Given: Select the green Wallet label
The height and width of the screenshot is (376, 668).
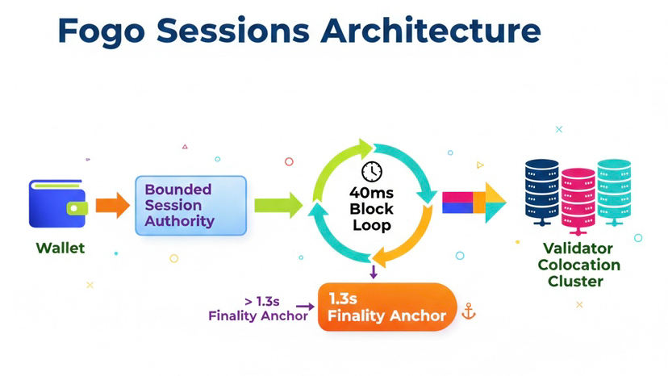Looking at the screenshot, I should point(61,248).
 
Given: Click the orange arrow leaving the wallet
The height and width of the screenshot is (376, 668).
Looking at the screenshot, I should point(112,206).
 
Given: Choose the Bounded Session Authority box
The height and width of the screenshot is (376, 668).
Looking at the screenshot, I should point(190,206).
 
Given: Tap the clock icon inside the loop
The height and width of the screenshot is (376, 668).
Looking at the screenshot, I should point(371,171).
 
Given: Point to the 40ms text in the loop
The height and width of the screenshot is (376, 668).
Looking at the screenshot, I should point(371,193).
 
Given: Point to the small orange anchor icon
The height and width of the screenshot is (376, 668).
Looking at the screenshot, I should point(467,311).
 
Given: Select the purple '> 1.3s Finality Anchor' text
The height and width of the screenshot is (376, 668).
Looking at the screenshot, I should point(257,308).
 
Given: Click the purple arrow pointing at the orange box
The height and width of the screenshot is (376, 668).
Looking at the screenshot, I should point(304,307).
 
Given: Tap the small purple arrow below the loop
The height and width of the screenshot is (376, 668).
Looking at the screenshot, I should point(374,272).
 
